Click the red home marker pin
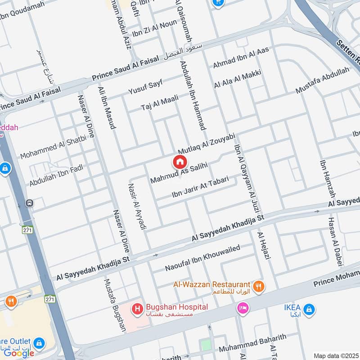[179, 162]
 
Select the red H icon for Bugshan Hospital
[137, 309]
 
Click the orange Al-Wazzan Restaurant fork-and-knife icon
[259, 285]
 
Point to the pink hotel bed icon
[242, 309]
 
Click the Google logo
[19, 353]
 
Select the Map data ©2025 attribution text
[335, 355]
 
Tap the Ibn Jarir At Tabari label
[204, 188]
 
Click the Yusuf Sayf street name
[145, 85]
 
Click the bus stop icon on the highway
[30, 203]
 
